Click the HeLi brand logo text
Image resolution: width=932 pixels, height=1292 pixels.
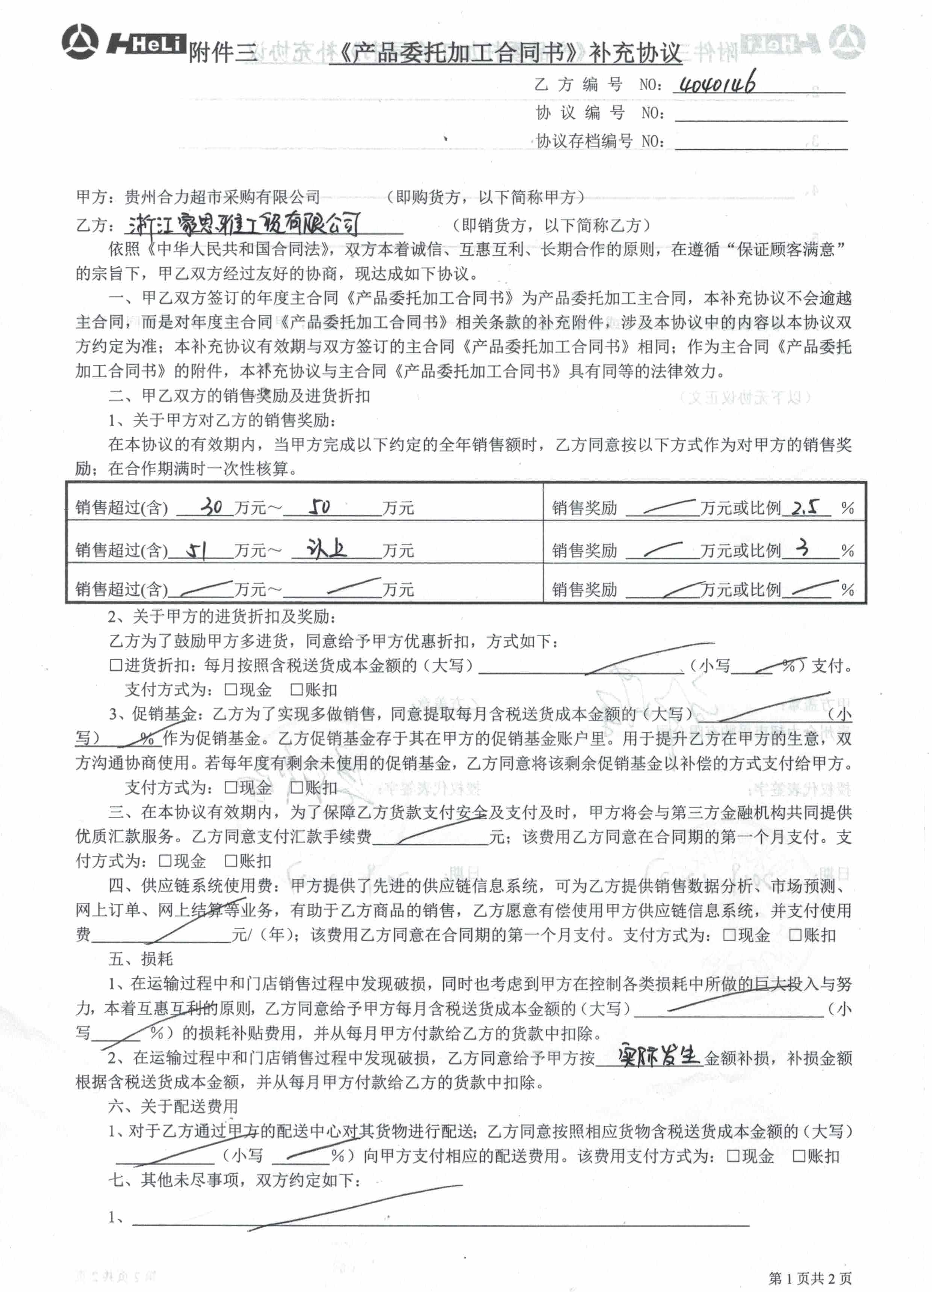[x=147, y=44]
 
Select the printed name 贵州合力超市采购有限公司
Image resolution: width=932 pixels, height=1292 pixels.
[x=222, y=197]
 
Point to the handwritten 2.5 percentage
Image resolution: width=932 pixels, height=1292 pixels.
[x=805, y=506]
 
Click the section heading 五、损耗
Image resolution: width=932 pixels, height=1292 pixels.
[x=141, y=959]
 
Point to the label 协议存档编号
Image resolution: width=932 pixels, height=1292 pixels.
[x=584, y=141]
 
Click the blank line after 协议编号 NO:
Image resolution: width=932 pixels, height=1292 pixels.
[x=761, y=114]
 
